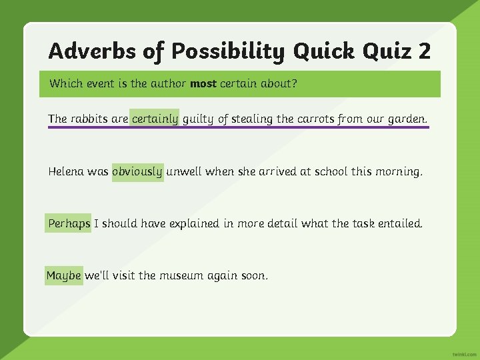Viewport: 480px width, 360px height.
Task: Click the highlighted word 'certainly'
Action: (155, 119)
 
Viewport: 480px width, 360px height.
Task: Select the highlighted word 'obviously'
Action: (137, 172)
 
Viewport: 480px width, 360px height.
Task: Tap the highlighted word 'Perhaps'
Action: (69, 224)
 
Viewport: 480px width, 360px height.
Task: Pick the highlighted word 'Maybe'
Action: (64, 275)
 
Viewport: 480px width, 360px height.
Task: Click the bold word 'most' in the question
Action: (203, 84)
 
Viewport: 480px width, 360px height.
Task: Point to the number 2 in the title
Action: (424, 51)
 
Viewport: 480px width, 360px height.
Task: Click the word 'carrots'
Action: (315, 119)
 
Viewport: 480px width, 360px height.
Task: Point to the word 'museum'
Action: (182, 275)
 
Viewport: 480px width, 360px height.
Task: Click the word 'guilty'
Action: (198, 119)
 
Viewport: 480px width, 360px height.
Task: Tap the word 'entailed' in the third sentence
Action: (400, 224)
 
